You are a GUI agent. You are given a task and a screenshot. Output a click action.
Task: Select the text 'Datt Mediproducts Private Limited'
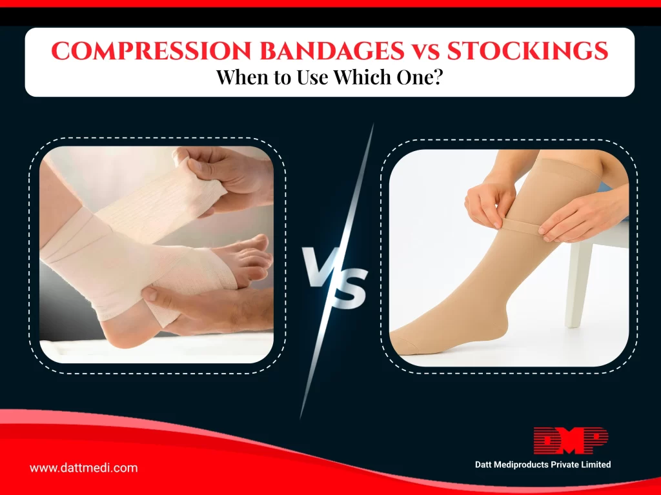click(x=542, y=465)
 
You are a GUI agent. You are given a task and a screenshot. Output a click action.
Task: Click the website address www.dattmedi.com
click(x=83, y=468)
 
